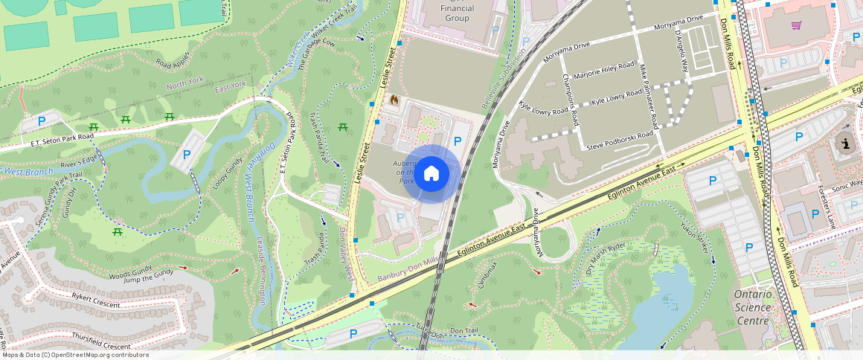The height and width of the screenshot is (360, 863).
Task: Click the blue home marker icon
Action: (431, 174)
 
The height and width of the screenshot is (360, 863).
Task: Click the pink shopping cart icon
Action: (796, 25)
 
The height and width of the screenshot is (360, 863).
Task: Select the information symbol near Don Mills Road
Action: (844, 144)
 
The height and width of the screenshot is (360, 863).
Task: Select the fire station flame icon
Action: (394, 99)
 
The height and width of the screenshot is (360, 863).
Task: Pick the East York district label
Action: (230, 86)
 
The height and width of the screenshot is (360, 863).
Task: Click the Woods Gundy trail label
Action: (130, 273)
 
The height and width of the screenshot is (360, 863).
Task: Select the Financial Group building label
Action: (457, 13)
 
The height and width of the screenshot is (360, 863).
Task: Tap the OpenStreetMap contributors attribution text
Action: (75, 355)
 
